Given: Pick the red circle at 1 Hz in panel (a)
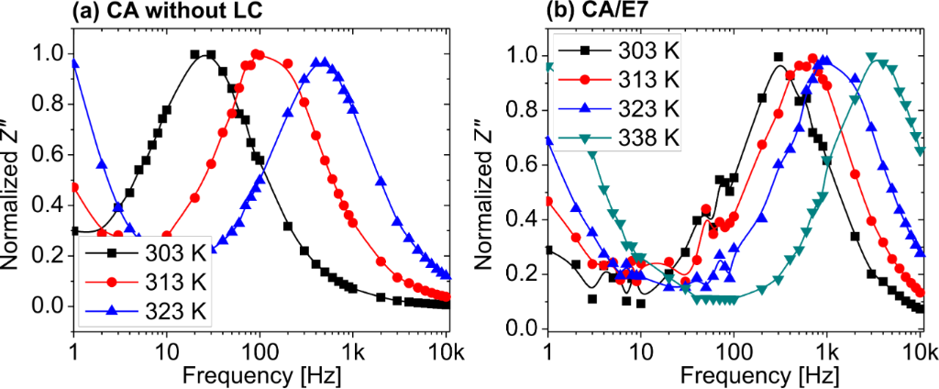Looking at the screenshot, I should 73,187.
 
